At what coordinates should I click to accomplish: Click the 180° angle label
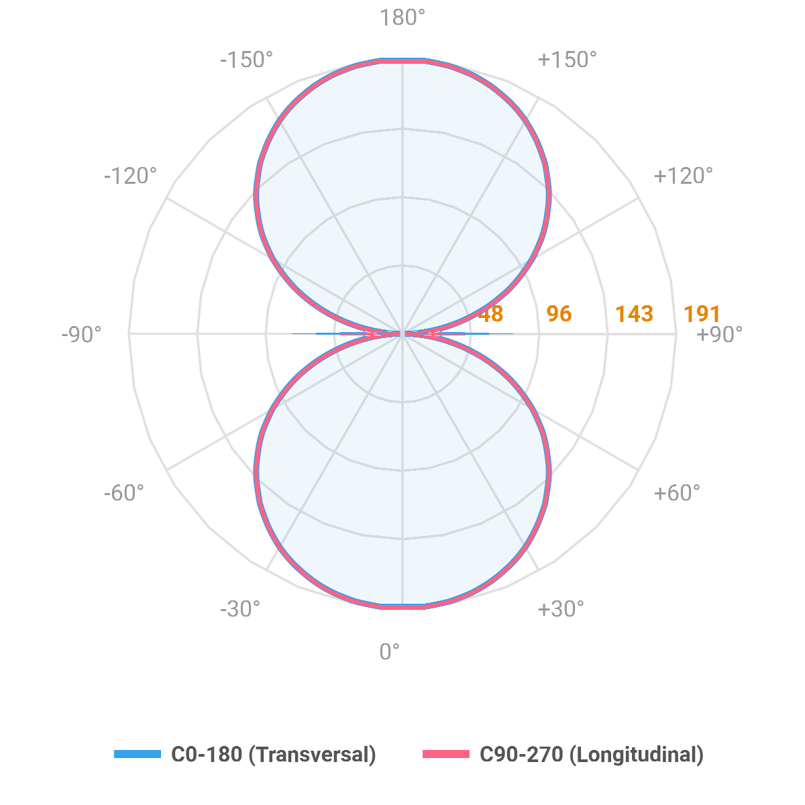(402, 18)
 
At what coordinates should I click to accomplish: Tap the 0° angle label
(390, 651)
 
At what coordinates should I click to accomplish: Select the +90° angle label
(719, 334)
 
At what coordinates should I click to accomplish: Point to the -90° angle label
(82, 334)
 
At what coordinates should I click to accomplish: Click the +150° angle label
(568, 60)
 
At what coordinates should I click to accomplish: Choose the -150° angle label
(246, 60)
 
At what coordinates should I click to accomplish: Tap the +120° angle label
(683, 176)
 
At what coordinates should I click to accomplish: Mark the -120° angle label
(130, 176)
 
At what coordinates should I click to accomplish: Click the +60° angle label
(676, 493)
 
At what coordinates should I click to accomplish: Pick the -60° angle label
(124, 493)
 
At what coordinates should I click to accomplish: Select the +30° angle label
(561, 609)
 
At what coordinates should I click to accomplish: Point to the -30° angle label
(239, 609)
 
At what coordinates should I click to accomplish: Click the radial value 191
(702, 314)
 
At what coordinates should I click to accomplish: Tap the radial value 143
(634, 314)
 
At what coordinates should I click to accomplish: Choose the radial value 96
(559, 314)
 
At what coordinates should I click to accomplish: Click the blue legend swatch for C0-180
(138, 754)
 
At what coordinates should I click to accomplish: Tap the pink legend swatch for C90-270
(446, 754)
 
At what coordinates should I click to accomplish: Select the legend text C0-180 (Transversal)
(274, 754)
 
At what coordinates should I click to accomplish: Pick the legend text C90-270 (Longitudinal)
(592, 754)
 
